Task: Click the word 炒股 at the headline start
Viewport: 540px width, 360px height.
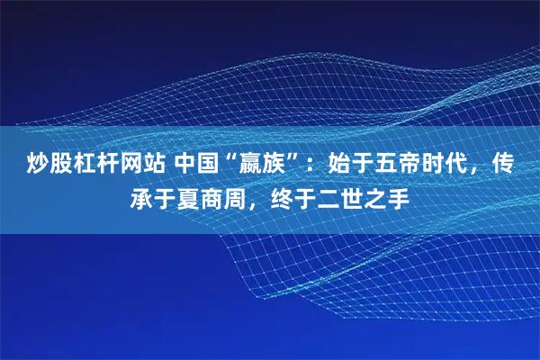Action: coord(41,165)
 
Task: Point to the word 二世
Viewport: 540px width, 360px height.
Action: coord(346,195)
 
